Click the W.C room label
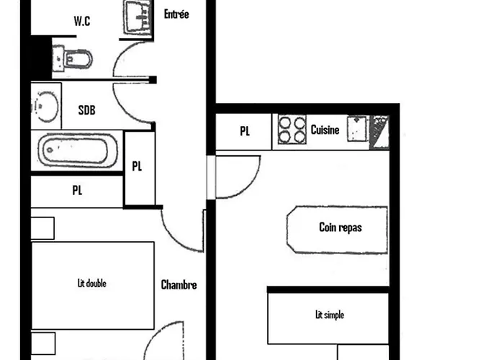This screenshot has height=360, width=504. (x=81, y=21)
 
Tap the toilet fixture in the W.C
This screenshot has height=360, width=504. (x=73, y=57)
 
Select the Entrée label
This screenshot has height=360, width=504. (x=176, y=14)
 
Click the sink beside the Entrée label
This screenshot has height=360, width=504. (x=138, y=16)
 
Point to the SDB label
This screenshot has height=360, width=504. (x=87, y=110)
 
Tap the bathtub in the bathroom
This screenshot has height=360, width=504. (x=78, y=151)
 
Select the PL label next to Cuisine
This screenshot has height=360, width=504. (x=245, y=131)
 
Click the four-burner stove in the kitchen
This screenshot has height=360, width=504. (x=291, y=130)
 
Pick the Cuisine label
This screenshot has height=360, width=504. (x=325, y=130)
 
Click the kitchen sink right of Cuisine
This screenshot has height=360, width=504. (x=356, y=130)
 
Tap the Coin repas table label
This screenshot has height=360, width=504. (x=340, y=228)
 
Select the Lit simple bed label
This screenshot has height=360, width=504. (x=330, y=315)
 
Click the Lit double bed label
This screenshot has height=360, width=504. (x=91, y=284)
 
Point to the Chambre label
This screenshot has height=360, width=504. (x=179, y=285)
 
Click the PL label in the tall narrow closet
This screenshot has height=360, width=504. (x=138, y=166)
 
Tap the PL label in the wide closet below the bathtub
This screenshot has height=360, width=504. (x=77, y=191)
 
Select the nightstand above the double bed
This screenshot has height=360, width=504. (x=42, y=228)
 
